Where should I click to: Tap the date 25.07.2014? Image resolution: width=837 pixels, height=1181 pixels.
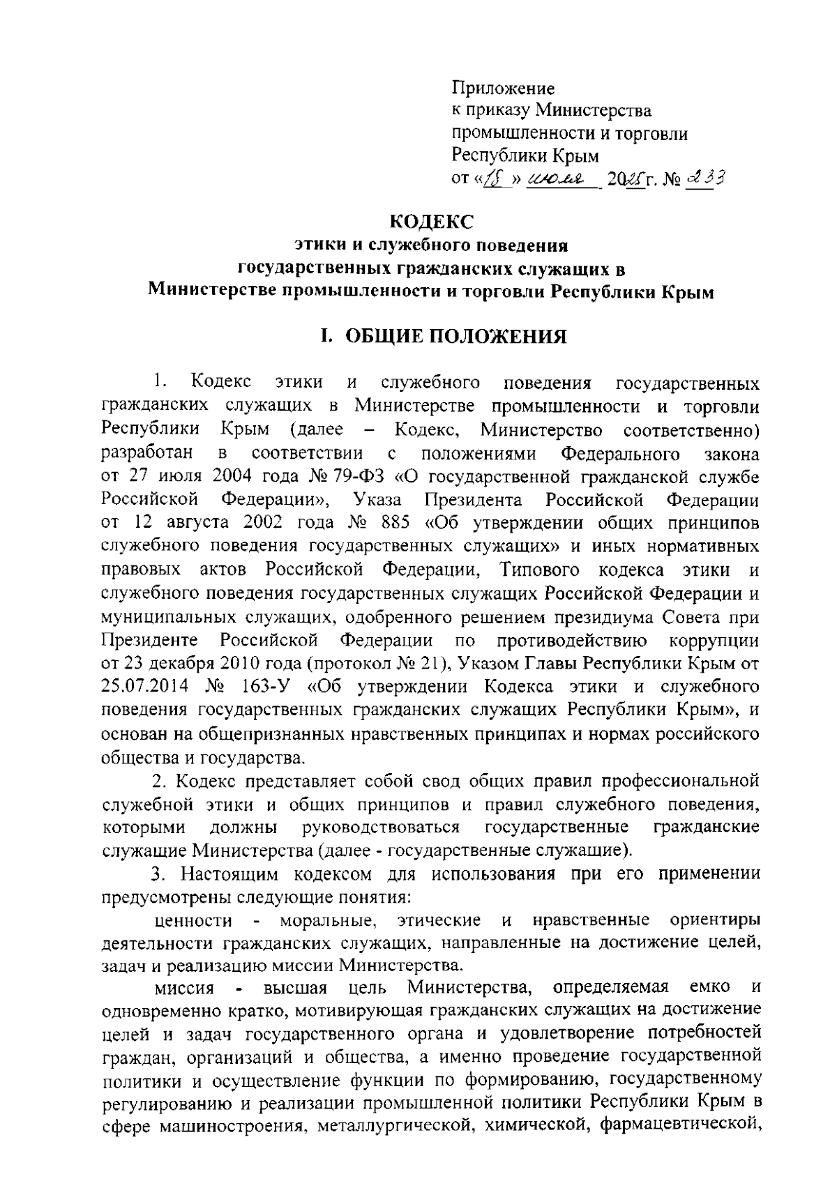point(144,687)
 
